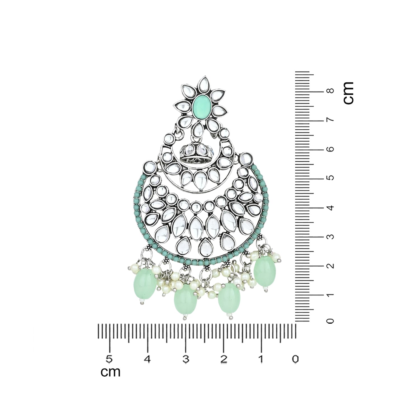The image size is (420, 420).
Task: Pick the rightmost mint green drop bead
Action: tap(265, 271)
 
